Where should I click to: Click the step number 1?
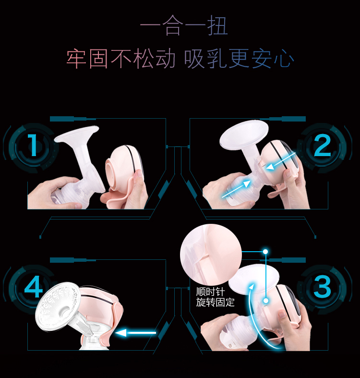pos(33,145)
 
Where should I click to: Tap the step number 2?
pos(323,145)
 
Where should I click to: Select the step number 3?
pos(322,287)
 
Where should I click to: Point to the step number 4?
pos(34,286)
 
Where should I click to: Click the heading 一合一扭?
pos(184,25)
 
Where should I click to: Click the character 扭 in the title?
pos(217,25)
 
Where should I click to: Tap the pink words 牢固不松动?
pos(121,58)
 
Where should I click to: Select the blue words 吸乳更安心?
pos(239,58)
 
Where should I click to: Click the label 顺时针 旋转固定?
pos(215,297)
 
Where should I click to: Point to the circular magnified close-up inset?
pos(211,255)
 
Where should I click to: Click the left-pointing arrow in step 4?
pos(136,333)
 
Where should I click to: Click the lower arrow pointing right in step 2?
pos(236,190)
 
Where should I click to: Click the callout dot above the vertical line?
pos(265,252)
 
